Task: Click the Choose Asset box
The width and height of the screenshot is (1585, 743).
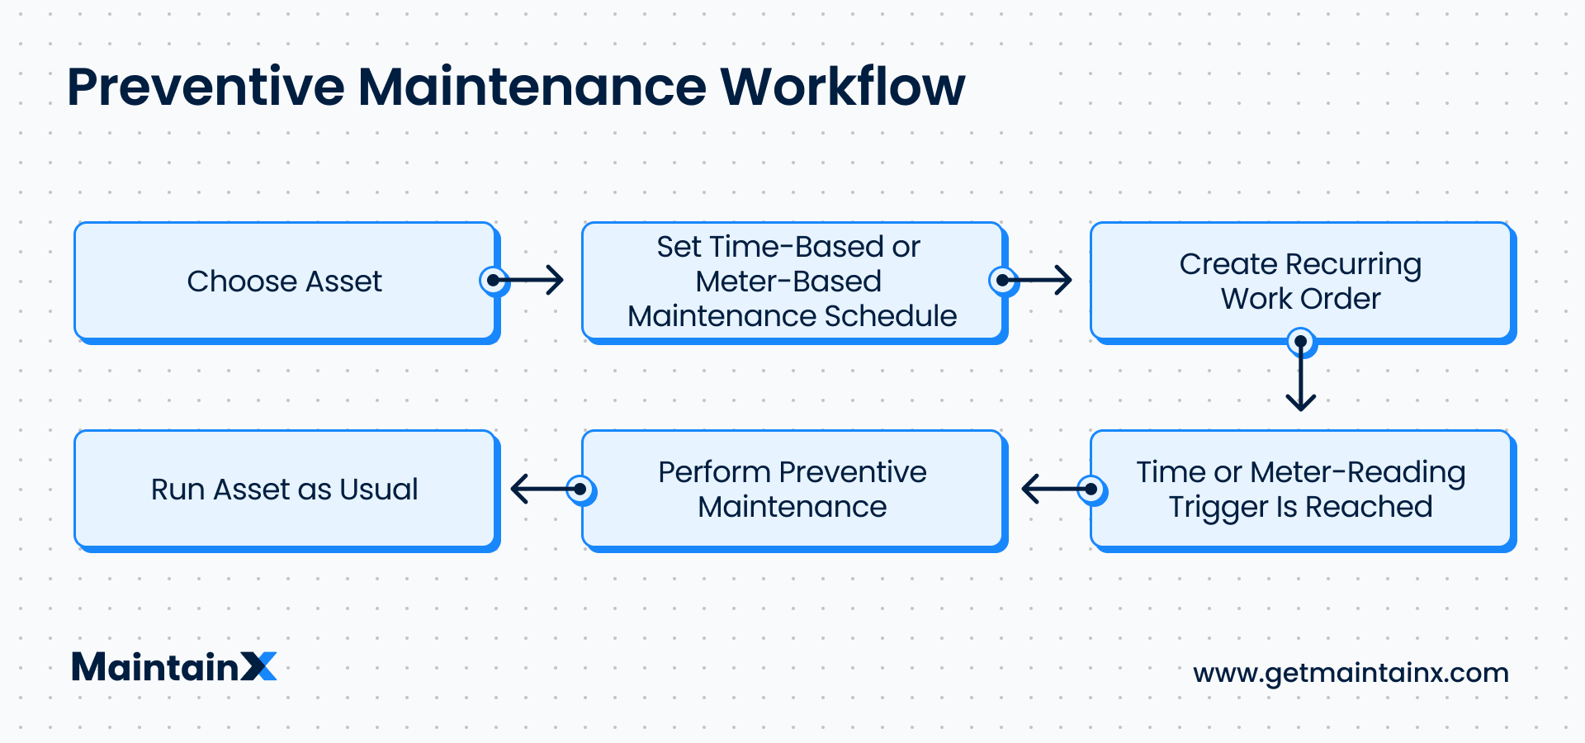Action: pyautogui.click(x=285, y=282)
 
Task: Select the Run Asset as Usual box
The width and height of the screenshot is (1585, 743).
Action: pyautogui.click(x=285, y=490)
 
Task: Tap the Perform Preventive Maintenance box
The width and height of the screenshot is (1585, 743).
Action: pyautogui.click(x=792, y=490)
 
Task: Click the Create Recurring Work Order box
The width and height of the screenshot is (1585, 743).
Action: pyautogui.click(x=1300, y=282)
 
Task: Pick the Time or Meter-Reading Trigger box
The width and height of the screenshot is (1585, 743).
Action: pyautogui.click(x=1300, y=490)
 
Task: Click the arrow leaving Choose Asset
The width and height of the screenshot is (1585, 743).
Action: pyautogui.click(x=532, y=281)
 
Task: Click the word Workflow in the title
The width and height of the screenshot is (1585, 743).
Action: pyautogui.click(x=842, y=87)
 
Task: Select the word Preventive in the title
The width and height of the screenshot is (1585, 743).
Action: pyautogui.click(x=206, y=87)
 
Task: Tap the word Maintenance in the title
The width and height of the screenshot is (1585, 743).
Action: pyautogui.click(x=532, y=87)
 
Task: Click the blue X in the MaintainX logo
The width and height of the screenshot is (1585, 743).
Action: pyautogui.click(x=259, y=667)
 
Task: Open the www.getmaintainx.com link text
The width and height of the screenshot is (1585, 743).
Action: pyautogui.click(x=1351, y=673)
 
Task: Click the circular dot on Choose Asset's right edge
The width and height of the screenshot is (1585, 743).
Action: pyautogui.click(x=494, y=281)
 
